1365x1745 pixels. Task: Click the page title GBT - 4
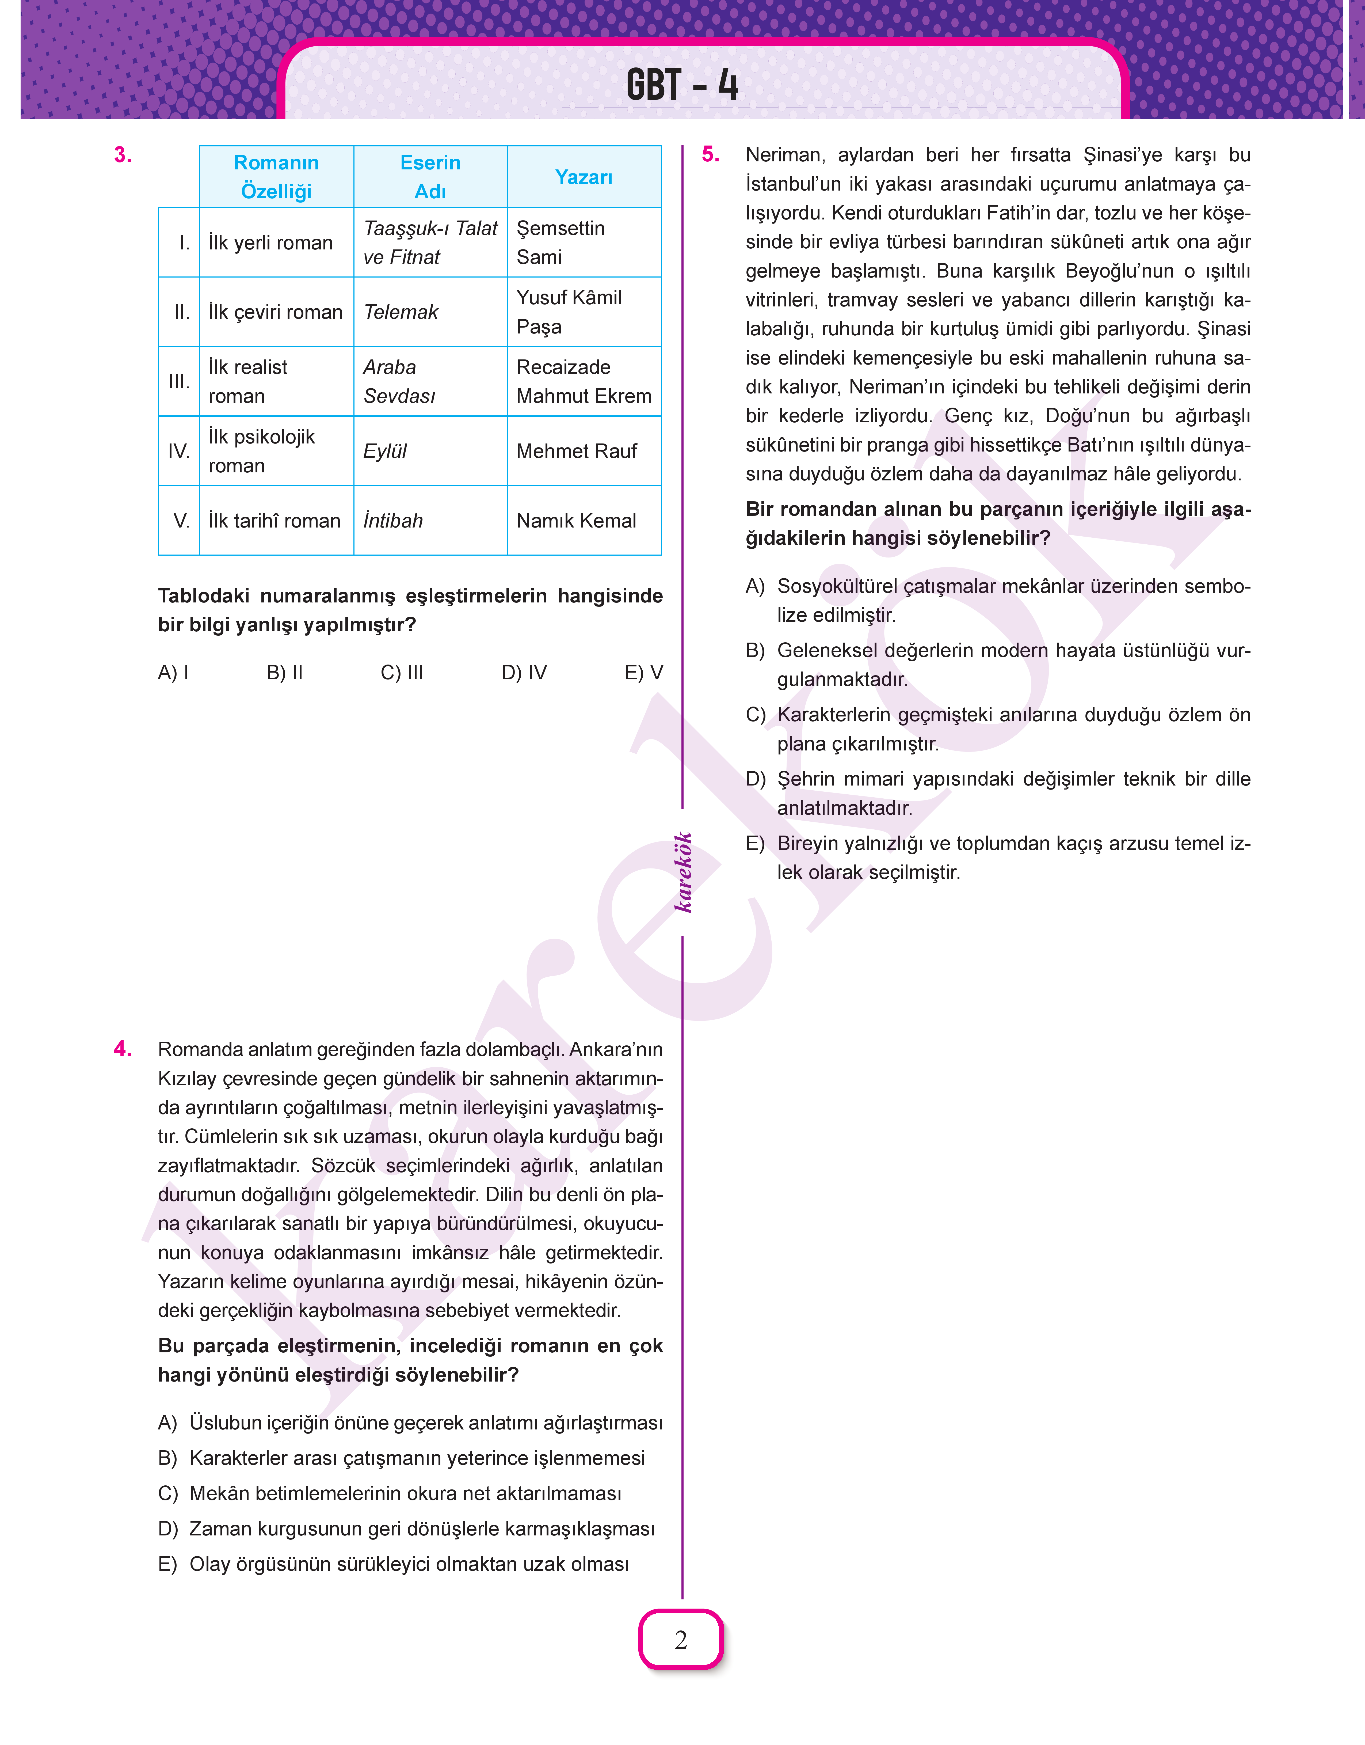[682, 85]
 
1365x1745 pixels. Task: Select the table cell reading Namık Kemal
[576, 520]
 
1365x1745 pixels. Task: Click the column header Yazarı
[584, 177]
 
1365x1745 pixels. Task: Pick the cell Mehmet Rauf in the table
[576, 451]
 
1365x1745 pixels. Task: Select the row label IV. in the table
[179, 451]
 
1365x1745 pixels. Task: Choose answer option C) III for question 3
[402, 672]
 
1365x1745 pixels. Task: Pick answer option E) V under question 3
[643, 672]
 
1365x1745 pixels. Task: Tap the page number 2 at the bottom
[681, 1640]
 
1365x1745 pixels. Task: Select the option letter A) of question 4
[168, 1423]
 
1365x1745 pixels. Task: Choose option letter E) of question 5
[755, 843]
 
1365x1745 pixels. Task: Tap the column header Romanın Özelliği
[276, 177]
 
